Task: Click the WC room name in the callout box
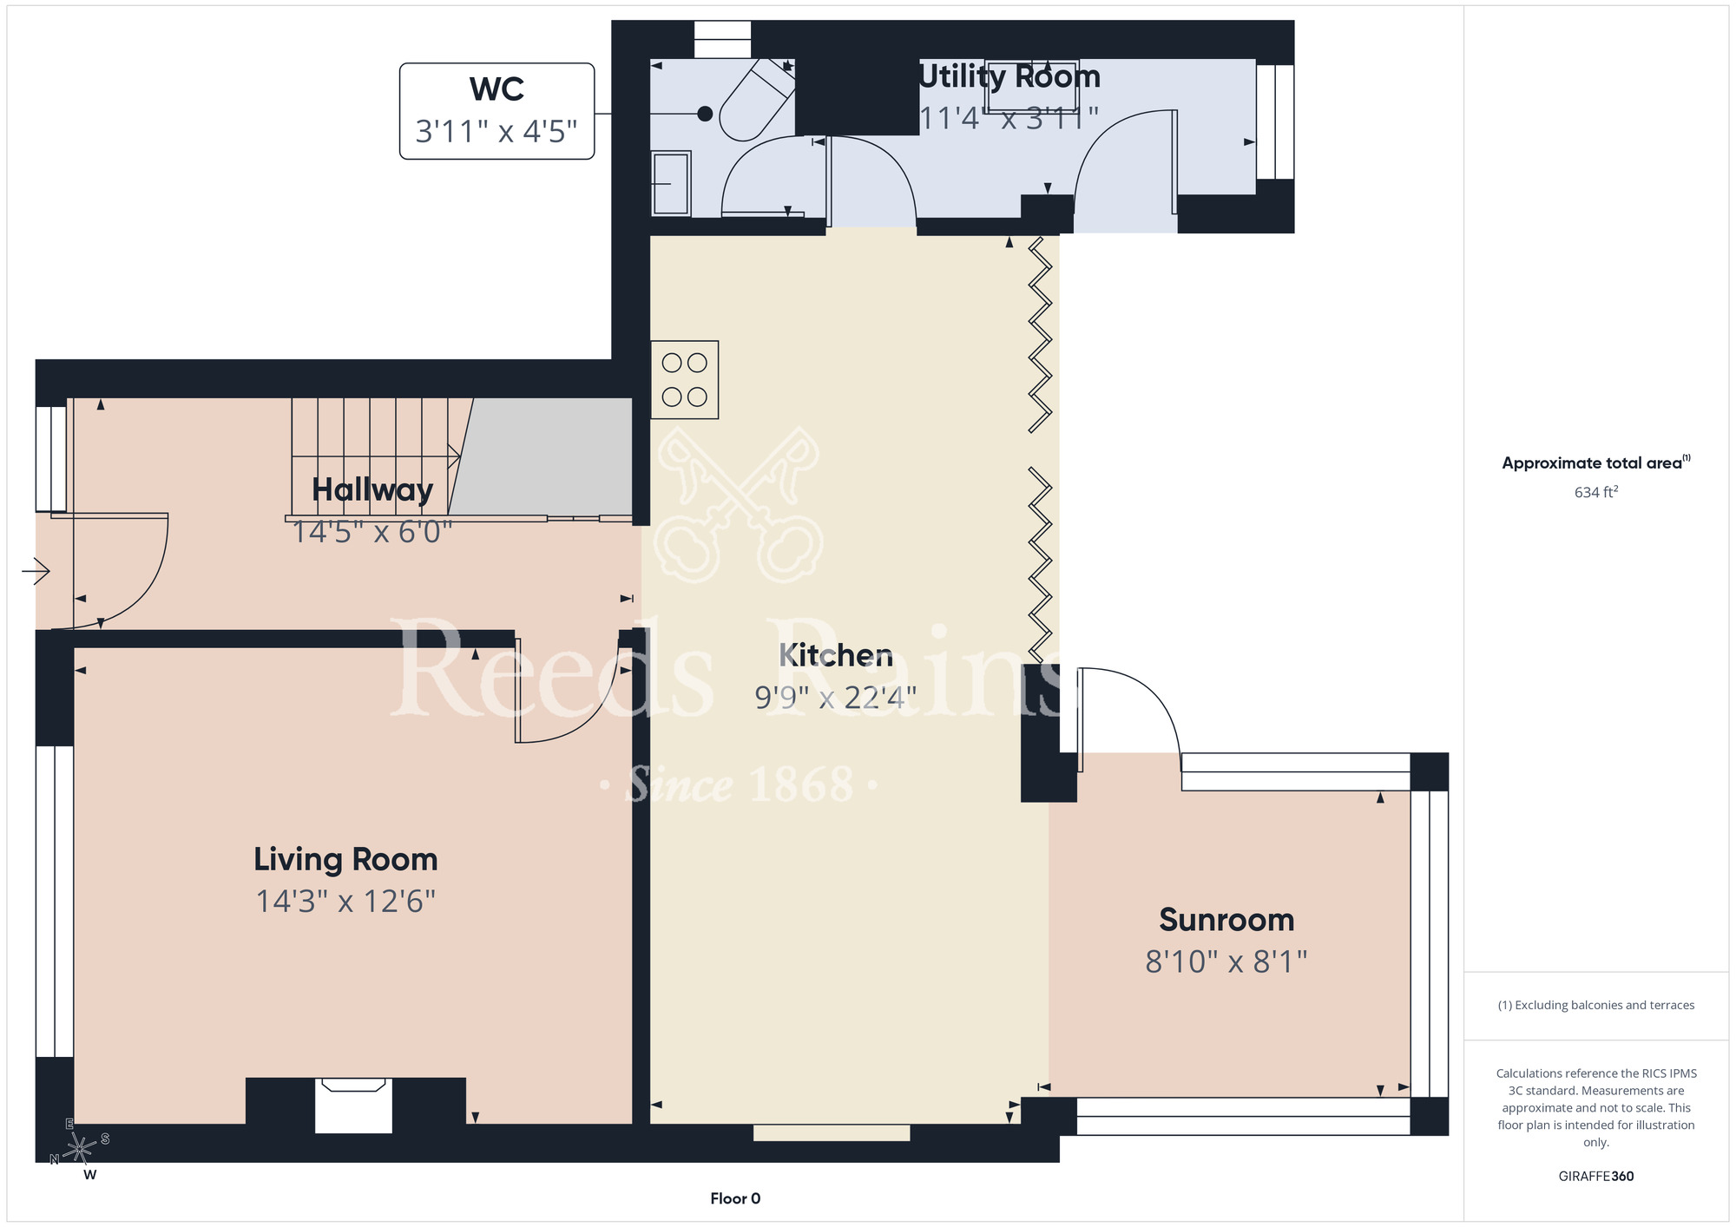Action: click(496, 89)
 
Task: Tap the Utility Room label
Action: click(1009, 76)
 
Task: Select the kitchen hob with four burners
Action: click(685, 379)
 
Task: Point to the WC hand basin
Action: click(671, 183)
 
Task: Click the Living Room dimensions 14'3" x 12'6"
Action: click(345, 901)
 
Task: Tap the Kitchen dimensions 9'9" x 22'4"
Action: click(835, 697)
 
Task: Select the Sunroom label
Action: click(1226, 919)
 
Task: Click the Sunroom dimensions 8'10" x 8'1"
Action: click(1226, 961)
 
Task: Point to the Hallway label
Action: click(372, 490)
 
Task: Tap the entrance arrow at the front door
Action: click(36, 571)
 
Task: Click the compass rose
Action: click(80, 1149)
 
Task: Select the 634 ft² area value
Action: click(1596, 492)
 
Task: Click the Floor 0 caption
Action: click(735, 1198)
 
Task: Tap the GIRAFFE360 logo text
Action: click(1596, 1177)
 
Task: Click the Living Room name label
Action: click(345, 859)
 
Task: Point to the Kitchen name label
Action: click(836, 655)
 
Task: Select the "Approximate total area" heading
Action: click(1592, 463)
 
